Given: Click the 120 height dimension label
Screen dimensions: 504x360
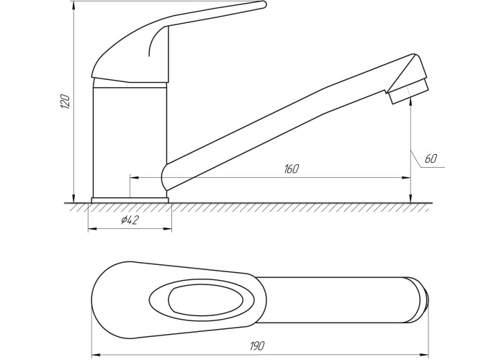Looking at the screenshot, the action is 66,102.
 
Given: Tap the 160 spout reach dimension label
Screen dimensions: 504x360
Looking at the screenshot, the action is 291,169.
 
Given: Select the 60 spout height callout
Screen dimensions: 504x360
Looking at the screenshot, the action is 431,159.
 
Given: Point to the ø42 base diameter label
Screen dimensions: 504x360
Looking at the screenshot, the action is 130,220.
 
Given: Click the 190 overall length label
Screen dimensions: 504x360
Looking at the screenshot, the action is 257,346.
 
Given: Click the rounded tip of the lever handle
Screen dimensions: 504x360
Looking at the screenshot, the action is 264,4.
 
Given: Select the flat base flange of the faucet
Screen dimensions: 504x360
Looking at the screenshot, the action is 130,200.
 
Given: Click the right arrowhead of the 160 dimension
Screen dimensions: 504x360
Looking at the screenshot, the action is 406,177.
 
